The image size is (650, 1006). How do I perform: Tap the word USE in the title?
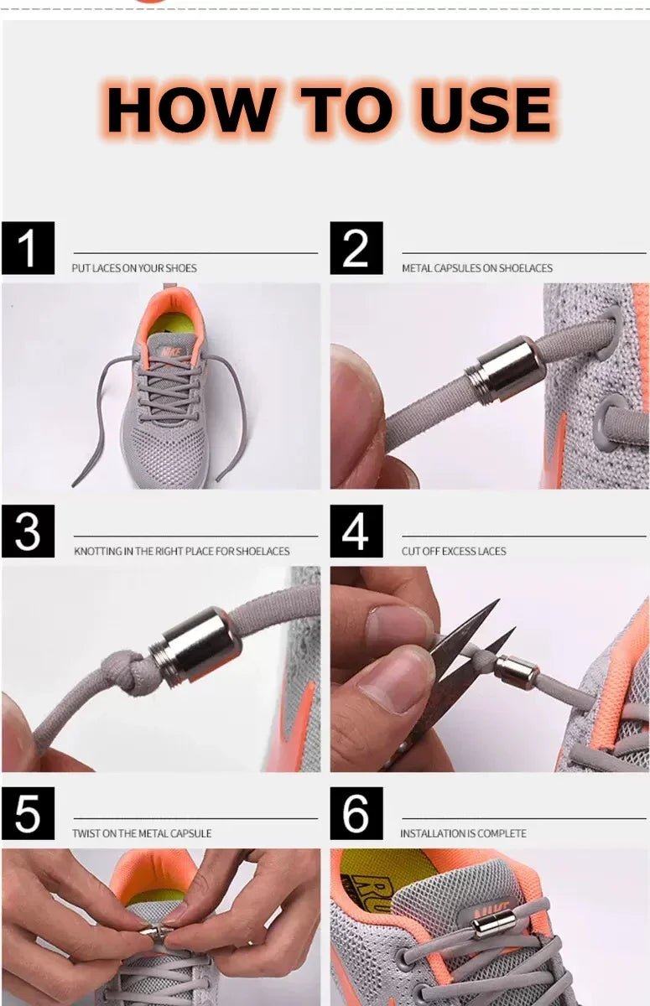486,110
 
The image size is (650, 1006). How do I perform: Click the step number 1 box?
28,248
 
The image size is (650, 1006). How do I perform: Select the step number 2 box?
356,248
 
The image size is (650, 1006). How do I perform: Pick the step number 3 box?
28,532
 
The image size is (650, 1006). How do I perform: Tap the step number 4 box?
356,532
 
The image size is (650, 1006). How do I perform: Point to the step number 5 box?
28,814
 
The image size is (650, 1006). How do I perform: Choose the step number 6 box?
356,814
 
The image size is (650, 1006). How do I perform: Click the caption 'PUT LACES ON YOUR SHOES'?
134,268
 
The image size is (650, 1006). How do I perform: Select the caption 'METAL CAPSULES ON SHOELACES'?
477,268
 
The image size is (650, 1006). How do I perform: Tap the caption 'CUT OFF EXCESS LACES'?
454,551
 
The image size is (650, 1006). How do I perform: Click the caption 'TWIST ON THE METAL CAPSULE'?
142,833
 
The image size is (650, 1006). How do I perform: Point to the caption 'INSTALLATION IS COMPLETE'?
463,833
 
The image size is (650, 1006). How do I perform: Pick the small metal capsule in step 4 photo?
516,672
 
